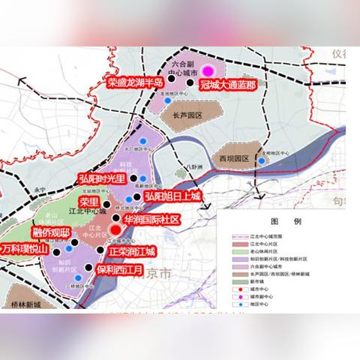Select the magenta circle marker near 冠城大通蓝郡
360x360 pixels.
(208, 71)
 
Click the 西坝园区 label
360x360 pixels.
(233, 159)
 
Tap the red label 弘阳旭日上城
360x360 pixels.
(173, 196)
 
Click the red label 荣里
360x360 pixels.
(89, 202)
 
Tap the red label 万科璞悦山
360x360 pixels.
(25, 248)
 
